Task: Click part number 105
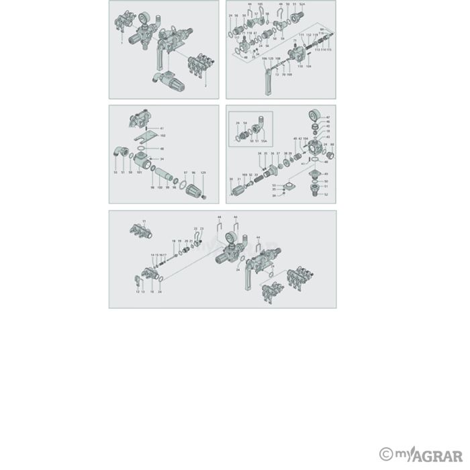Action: [x=260, y=4]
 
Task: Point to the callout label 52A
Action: [x=302, y=4]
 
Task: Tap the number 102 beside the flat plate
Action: [x=162, y=136]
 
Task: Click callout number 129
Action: [x=203, y=173]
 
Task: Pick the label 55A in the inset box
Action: [x=264, y=141]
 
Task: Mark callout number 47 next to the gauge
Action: [x=328, y=117]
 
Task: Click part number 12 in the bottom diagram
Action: [x=137, y=292]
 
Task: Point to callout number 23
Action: [x=202, y=229]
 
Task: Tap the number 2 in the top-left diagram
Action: [x=205, y=86]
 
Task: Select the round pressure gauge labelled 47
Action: [x=314, y=115]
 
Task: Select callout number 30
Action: [x=231, y=179]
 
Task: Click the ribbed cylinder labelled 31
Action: [x=240, y=191]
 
